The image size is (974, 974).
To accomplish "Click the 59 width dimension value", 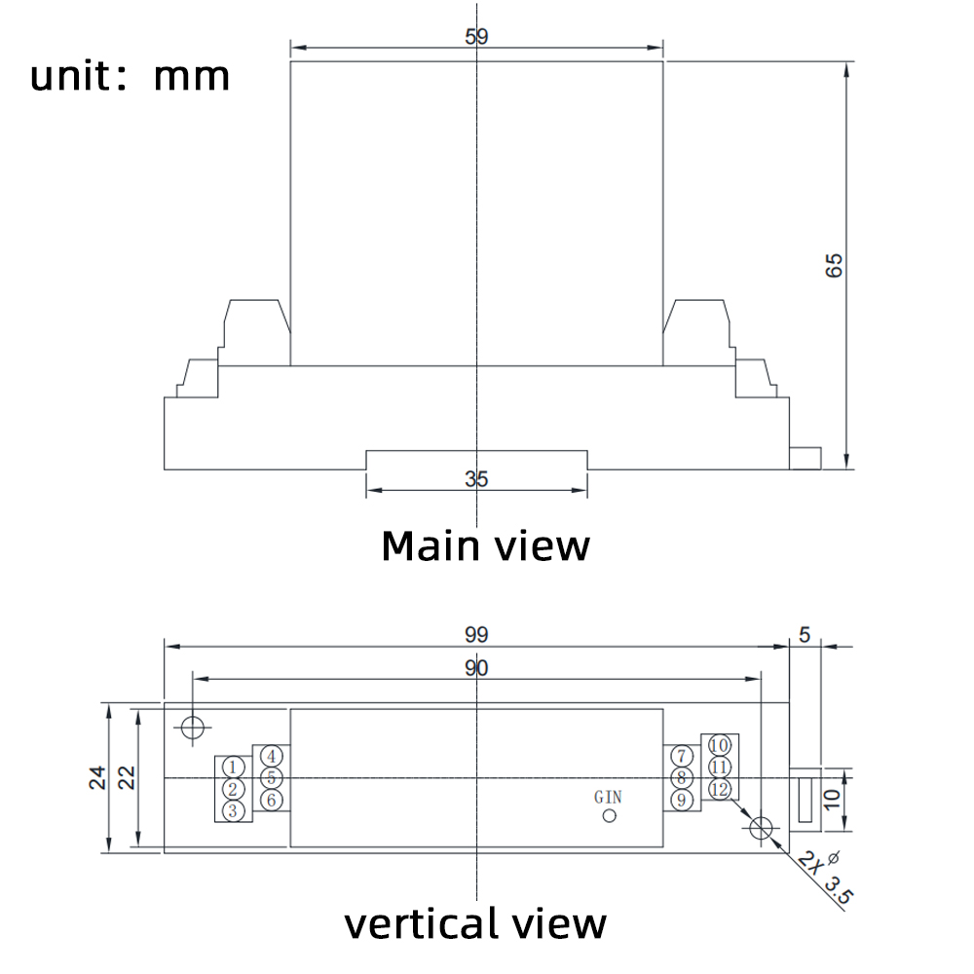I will (x=476, y=37).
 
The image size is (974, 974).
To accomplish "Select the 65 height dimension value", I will (x=834, y=265).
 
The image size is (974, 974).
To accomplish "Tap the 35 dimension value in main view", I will (x=476, y=479).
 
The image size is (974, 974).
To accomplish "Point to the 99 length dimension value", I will (x=476, y=634).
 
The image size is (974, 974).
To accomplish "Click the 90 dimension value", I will (x=476, y=667).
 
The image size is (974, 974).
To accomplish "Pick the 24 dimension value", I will (x=96, y=777).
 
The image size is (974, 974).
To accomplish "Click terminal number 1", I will (x=232, y=768).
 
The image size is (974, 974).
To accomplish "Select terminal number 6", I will (x=272, y=800).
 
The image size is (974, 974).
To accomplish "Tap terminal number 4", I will (x=272, y=756).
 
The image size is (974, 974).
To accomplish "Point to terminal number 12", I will (x=719, y=789).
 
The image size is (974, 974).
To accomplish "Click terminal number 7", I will (x=682, y=756).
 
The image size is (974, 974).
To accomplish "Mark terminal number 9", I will (x=682, y=800).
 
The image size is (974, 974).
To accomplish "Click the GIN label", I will (x=608, y=797).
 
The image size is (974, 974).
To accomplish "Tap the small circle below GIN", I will (x=610, y=815).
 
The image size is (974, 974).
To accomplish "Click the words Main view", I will (x=485, y=545).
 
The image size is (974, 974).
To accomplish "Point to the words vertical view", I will (x=475, y=922).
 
